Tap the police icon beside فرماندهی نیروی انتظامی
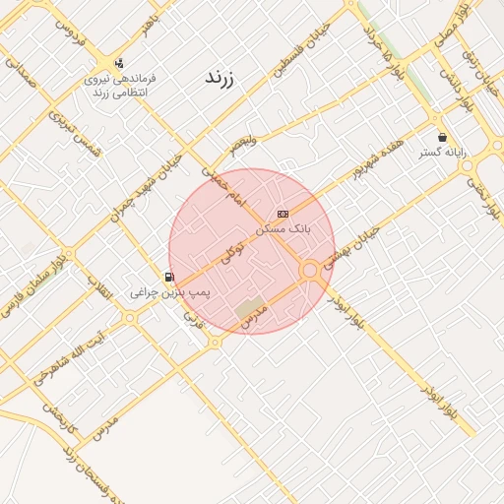pos(119,61)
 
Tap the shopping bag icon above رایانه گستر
pos(442,137)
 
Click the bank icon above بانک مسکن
pos(283,214)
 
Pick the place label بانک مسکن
pos(283,227)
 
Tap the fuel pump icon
pos(169,278)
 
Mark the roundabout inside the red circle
pos(310,269)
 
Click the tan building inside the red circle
pos(249,310)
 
